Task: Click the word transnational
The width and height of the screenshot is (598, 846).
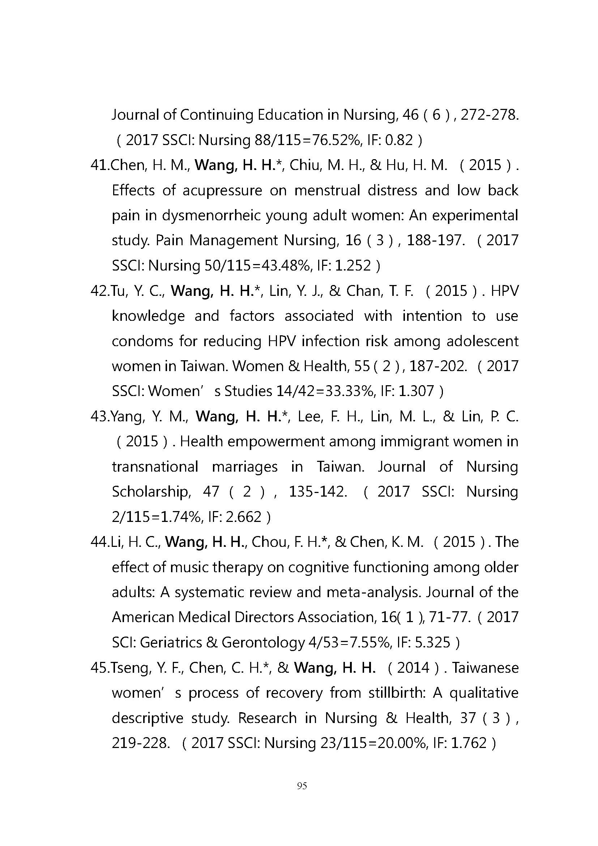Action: pyautogui.click(x=155, y=467)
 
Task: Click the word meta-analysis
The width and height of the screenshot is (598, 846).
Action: pyautogui.click(x=375, y=592)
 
